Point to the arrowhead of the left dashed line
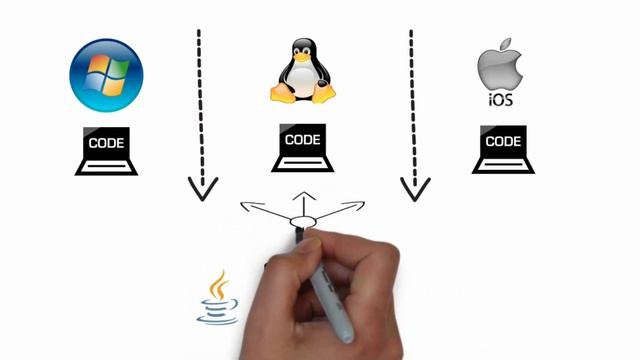[x=203, y=188]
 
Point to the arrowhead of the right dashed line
[x=414, y=187]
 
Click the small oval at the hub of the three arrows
[x=302, y=222]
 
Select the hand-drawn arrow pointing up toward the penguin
[x=303, y=200]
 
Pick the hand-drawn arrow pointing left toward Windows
[x=262, y=211]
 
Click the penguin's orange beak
[x=301, y=50]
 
